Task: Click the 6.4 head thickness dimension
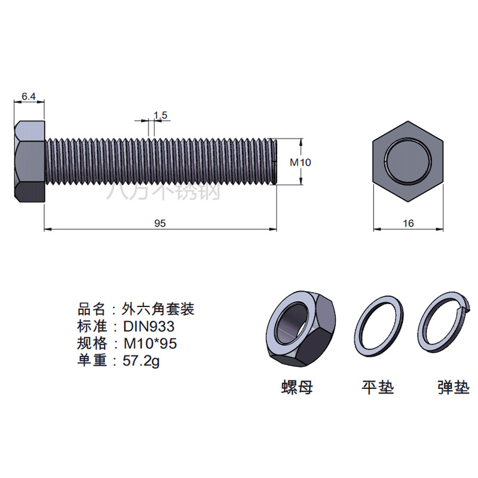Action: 29,96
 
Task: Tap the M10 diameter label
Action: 301,162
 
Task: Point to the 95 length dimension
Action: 160,223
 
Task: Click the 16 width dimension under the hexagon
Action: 408,223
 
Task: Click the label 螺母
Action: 297,387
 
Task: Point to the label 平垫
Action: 378,387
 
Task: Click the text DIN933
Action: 149,327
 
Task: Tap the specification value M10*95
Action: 150,344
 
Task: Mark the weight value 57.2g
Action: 142,360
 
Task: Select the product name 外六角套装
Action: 158,310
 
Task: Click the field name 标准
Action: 92,327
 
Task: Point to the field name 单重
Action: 92,360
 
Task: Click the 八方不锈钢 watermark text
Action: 163,191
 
